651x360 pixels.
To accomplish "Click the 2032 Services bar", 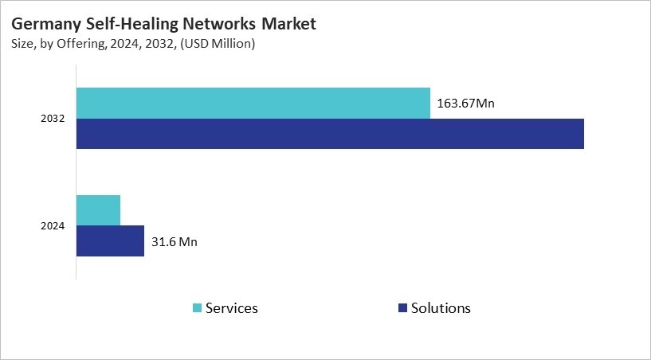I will point(253,104).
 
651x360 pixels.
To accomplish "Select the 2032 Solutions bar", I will point(330,134).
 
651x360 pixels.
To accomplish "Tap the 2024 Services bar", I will point(99,210).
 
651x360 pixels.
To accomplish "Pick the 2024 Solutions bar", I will point(111,241).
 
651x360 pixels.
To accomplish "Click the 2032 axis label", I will point(53,119).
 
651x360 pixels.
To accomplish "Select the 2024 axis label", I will point(53,226).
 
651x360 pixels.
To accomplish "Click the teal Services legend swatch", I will point(197,308).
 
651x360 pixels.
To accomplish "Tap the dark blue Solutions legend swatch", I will point(402,308).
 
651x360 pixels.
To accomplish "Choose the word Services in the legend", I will point(231,308).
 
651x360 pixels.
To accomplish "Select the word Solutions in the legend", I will point(441,308).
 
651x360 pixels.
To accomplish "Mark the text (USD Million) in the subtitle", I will point(217,45).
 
